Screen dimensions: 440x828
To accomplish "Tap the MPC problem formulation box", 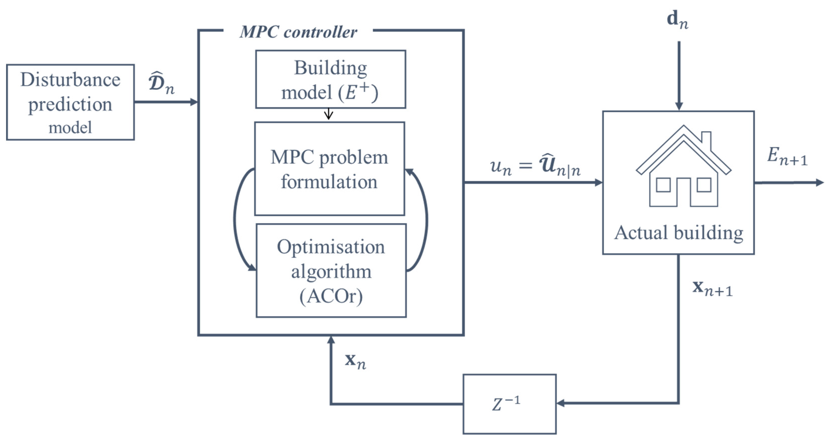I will pos(329,169).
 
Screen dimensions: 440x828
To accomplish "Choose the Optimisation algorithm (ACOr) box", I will pos(331,271).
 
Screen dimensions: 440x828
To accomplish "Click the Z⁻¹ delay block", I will pos(509,404).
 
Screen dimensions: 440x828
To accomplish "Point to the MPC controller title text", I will pos(298,32).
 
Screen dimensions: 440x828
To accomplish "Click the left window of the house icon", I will pos(663,185).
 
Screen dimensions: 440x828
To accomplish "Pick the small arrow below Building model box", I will pos(328,114).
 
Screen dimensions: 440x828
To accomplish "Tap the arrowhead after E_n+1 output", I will pos(820,183).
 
